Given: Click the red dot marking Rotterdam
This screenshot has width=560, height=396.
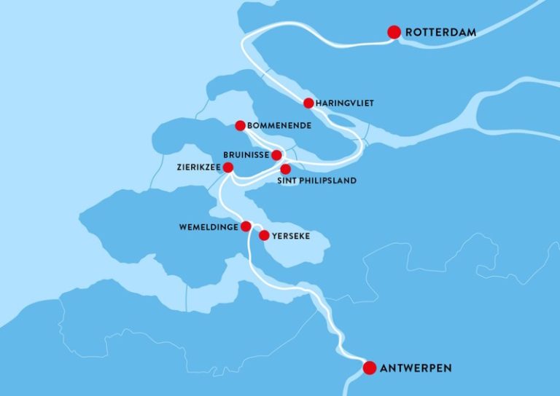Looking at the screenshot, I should click(x=394, y=32).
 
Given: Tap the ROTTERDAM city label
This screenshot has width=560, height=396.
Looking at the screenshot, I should click(x=440, y=32).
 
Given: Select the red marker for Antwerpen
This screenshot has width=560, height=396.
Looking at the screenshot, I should click(x=370, y=368).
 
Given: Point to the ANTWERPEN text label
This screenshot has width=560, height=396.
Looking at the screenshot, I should click(x=416, y=368).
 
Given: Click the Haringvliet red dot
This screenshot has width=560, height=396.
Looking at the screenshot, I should click(x=308, y=103).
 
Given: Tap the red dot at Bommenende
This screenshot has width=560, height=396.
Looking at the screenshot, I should click(x=240, y=126).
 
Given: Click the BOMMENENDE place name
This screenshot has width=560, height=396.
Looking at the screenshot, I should click(x=280, y=126).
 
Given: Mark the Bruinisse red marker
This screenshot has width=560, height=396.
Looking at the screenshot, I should click(x=276, y=155).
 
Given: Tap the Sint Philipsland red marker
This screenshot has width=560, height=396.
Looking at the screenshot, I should click(x=286, y=169).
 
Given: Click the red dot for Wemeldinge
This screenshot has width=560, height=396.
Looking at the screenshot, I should click(x=246, y=226).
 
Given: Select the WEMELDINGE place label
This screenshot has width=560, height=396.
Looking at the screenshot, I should click(x=208, y=226).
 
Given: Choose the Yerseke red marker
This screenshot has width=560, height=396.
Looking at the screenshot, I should click(x=264, y=235).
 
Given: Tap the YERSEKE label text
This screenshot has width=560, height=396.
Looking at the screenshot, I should click(x=292, y=236).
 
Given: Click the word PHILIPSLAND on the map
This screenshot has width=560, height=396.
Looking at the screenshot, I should click(x=328, y=181).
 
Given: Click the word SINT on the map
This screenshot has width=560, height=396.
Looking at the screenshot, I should click(x=289, y=181).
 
